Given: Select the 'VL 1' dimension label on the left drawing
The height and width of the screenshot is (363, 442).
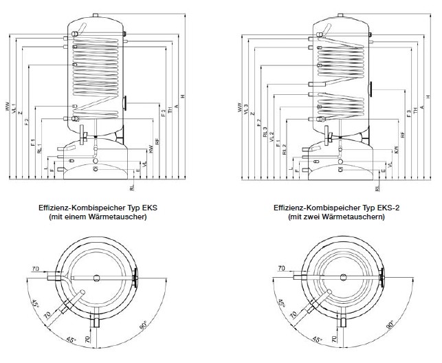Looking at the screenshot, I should point(14,109).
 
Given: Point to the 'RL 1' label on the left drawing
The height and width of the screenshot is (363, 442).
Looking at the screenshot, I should point(40,147).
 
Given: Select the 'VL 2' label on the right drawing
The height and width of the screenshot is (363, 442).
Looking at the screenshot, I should point(272,136).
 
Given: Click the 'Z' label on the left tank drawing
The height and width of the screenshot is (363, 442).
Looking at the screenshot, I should point(20,111).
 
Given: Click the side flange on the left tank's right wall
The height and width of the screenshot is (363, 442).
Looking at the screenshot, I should point(126,103).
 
